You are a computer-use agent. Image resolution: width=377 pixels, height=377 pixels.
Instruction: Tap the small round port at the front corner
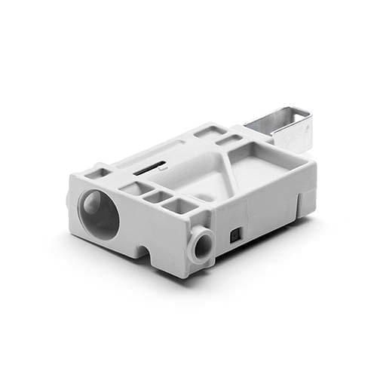(203, 244)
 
